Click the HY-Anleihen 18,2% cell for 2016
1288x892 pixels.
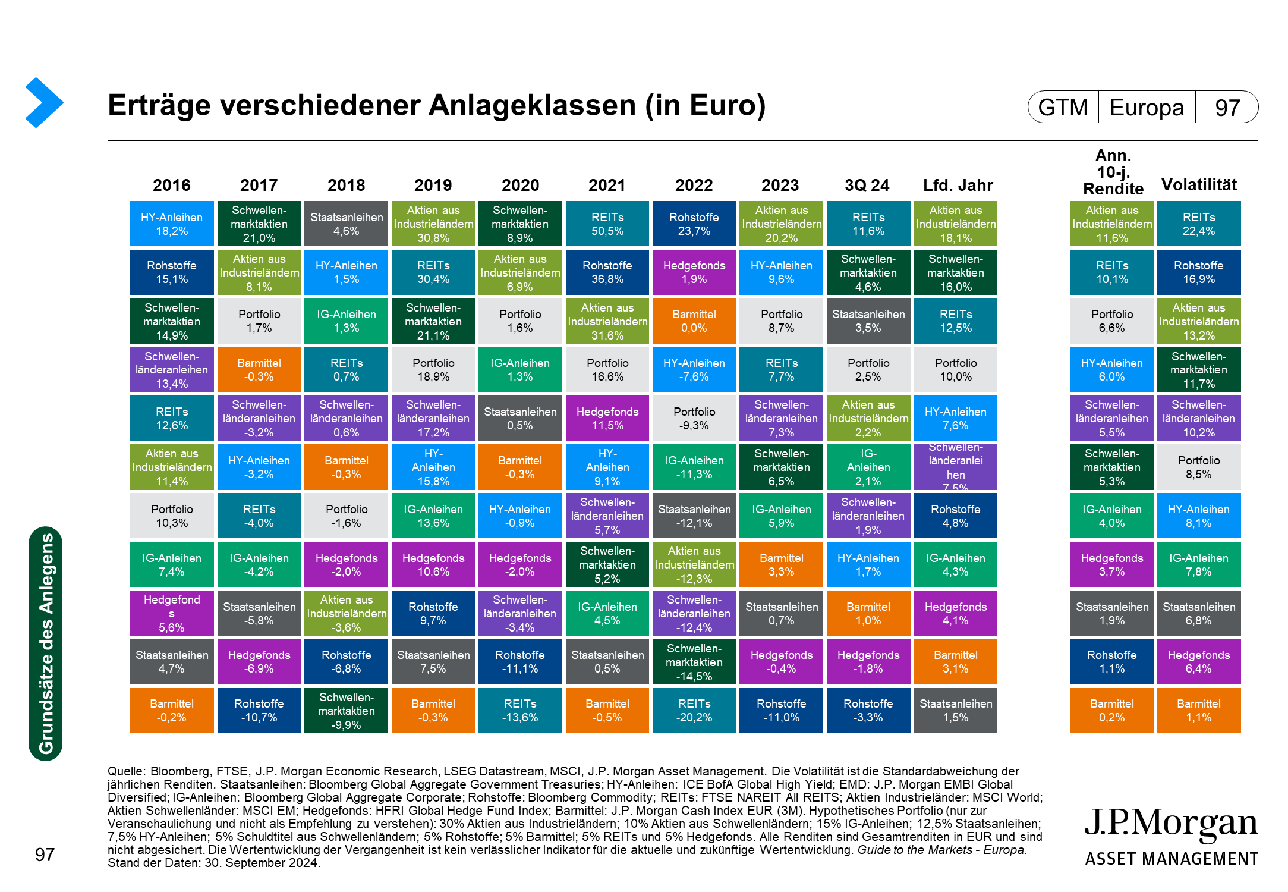172,224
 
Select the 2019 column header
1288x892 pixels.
433,186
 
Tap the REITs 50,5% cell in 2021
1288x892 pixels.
607,224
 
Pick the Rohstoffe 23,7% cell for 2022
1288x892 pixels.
694,224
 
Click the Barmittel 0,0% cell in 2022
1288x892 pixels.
694,321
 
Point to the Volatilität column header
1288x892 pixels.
1199,185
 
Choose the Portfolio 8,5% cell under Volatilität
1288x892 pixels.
1198,467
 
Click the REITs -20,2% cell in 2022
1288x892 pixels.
694,711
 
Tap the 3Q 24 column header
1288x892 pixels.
867,186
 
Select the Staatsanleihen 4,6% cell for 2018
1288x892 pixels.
346,224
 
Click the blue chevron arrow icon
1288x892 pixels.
44,102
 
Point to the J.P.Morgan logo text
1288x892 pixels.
1171,824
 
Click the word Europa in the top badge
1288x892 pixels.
1147,108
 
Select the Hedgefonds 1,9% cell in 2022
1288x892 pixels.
694,272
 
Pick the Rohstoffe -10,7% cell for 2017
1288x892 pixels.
259,711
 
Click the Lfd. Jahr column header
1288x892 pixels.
958,186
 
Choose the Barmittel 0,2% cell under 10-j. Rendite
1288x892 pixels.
1111,711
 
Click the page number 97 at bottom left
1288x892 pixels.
45,855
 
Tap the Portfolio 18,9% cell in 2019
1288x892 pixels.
433,370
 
